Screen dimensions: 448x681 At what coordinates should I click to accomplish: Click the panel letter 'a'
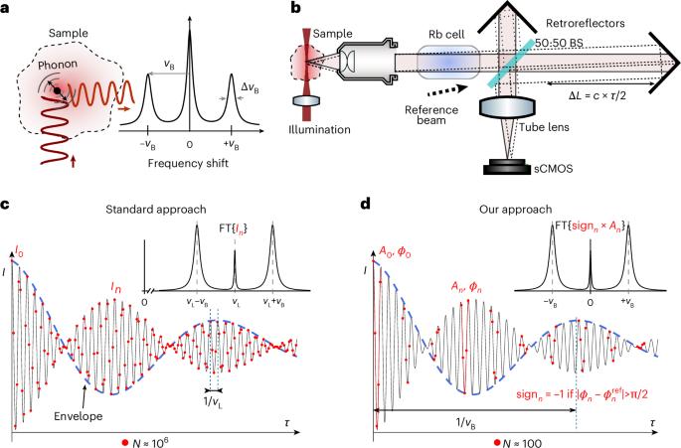point(7,9)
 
